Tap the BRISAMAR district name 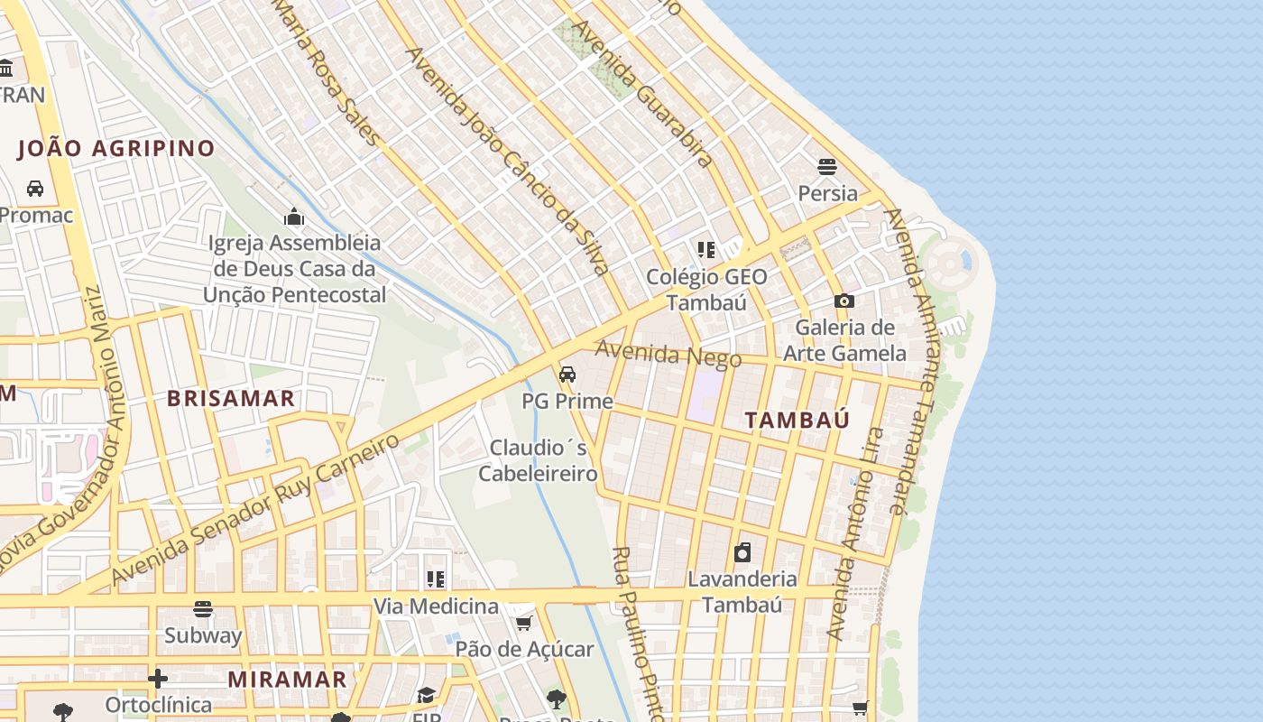tap(231, 399)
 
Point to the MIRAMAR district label tap(287, 680)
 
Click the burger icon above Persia tap(827, 167)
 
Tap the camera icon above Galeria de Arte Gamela tap(844, 301)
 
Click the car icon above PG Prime tap(567, 375)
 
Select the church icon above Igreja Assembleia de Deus tap(294, 217)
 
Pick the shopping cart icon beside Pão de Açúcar tap(523, 623)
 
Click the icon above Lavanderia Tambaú tap(742, 552)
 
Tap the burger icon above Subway tap(203, 609)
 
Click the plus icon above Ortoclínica tap(158, 679)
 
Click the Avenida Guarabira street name tap(643, 93)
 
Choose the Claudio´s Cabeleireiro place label tap(538, 460)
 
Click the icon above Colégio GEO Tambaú tap(705, 250)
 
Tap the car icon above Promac tap(35, 189)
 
